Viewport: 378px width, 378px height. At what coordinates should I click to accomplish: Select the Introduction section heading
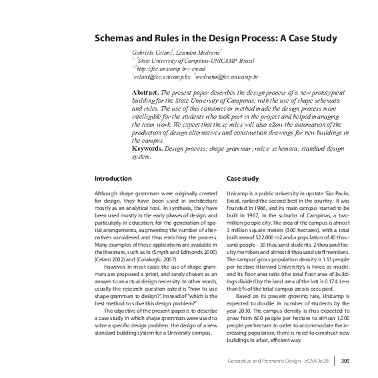tap(113, 179)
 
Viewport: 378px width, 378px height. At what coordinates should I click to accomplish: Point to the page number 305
tap(345, 362)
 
